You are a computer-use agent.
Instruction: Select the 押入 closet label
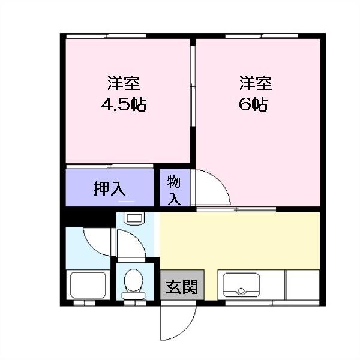point(109,188)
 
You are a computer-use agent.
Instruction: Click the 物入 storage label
point(174,190)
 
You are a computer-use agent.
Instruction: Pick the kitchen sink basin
point(242,286)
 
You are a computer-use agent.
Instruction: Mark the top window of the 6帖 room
point(263,37)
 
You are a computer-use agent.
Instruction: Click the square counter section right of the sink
point(303,285)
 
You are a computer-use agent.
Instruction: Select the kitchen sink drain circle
point(242,292)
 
